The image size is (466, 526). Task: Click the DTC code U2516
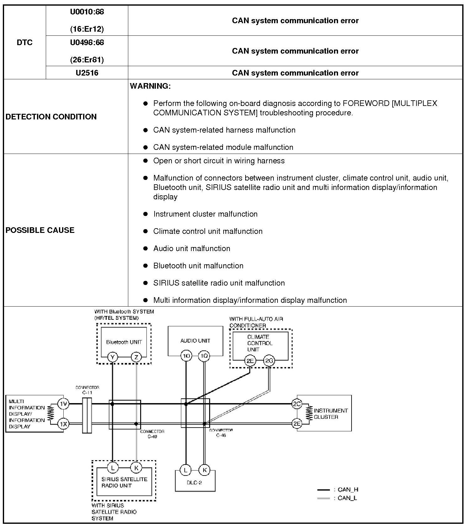coord(87,73)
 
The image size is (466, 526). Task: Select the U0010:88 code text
coord(87,12)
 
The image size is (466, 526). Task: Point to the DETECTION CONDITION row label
coord(51,117)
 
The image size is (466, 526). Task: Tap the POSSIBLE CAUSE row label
coord(40,230)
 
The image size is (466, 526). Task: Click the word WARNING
coord(150,86)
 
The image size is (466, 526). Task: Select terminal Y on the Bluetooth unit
coord(112,357)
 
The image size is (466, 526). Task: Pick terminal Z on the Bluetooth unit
coord(136,357)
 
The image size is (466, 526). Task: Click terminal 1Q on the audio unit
coord(204,356)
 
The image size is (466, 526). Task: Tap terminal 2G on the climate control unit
coord(269,361)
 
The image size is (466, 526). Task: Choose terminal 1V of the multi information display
coord(64,404)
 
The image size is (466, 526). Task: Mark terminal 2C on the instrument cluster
coord(296,404)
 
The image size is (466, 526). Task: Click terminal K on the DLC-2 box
coord(204,470)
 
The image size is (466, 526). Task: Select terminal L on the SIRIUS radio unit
coord(112,468)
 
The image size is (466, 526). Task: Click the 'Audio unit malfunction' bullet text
coord(192,249)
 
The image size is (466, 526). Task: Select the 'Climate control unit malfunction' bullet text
coord(208,231)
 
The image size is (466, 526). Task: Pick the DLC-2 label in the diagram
coord(194,483)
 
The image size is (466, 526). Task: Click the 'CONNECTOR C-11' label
coord(87,390)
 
